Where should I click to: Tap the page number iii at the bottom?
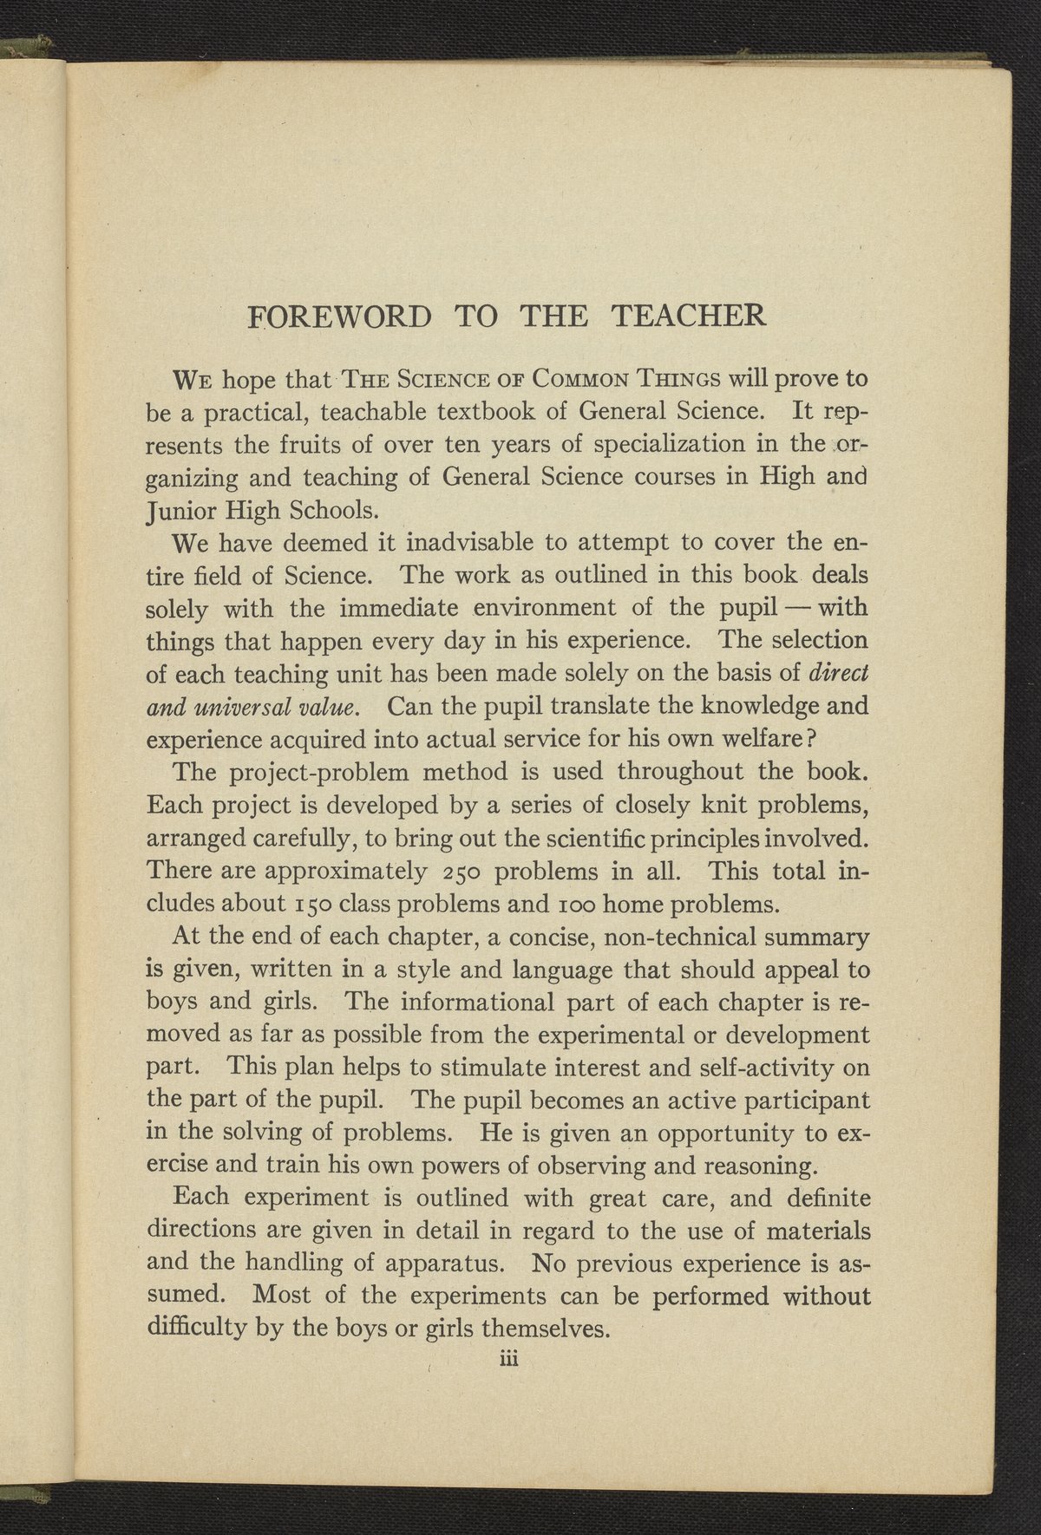click(x=507, y=1361)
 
